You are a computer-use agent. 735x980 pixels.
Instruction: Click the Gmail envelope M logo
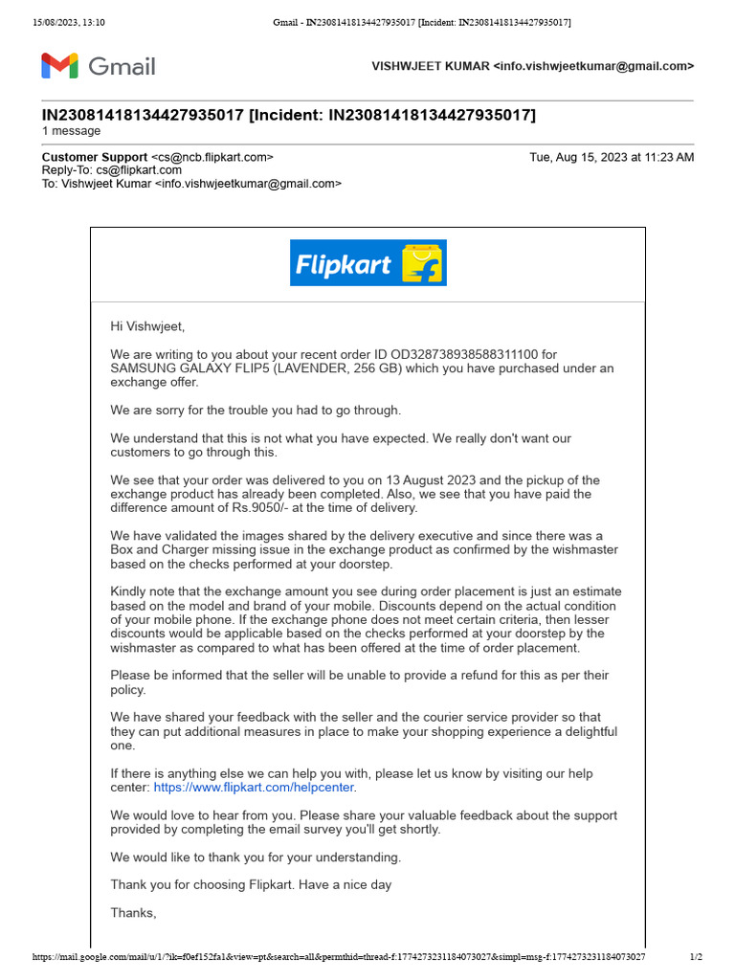[x=59, y=66]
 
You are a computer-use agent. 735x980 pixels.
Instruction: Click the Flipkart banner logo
[x=367, y=263]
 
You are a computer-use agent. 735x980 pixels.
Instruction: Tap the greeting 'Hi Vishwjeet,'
[x=147, y=326]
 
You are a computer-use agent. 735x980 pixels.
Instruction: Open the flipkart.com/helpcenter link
[x=254, y=788]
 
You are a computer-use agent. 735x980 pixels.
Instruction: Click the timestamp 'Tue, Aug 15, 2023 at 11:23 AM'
[x=612, y=157]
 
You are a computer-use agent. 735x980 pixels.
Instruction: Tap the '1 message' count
[x=71, y=131]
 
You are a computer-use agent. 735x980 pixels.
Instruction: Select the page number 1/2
[x=696, y=957]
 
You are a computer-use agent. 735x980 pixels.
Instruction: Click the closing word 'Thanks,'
[x=133, y=913]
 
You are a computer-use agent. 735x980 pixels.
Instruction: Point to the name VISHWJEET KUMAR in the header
[x=430, y=66]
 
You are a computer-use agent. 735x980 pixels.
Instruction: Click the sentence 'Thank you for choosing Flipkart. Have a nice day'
[x=251, y=885]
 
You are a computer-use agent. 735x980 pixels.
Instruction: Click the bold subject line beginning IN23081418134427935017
[x=289, y=116]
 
